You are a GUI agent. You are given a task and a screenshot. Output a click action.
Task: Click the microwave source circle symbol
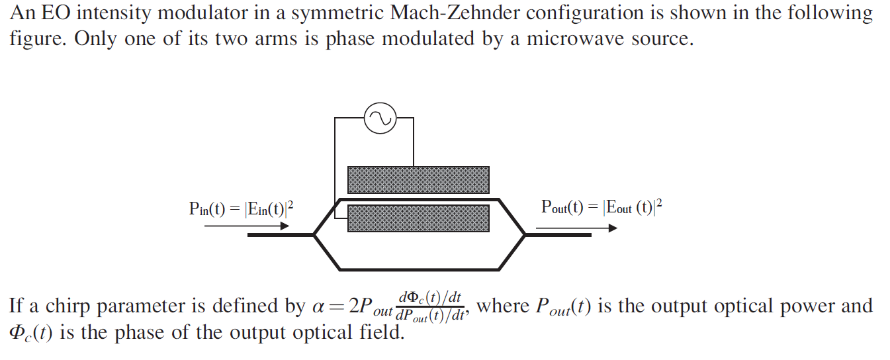(x=380, y=119)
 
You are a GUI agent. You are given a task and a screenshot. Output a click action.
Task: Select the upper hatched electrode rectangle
(x=418, y=180)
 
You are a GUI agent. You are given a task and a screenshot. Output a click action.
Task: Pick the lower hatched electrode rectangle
(x=418, y=218)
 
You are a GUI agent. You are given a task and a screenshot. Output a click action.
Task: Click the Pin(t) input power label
(x=241, y=209)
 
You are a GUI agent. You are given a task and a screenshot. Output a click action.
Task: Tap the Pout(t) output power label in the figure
(x=601, y=207)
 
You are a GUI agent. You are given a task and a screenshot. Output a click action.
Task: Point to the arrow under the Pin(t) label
(x=247, y=226)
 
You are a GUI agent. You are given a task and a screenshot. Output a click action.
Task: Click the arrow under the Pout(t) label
(x=576, y=228)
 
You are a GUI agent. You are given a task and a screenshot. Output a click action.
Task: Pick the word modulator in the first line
(x=183, y=13)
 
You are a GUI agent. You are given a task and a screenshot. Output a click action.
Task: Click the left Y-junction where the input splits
(x=315, y=234)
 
